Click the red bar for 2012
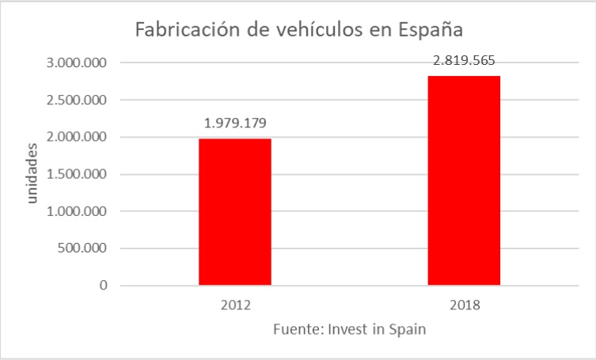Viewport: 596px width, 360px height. [x=234, y=211]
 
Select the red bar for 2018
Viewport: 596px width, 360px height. [x=464, y=180]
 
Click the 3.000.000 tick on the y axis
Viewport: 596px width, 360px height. [x=78, y=63]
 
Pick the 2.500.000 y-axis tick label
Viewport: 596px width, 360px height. [x=78, y=100]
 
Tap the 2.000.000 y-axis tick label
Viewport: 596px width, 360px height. [x=78, y=137]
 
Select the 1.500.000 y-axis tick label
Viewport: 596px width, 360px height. [x=78, y=174]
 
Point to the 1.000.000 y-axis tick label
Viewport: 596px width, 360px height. [x=78, y=211]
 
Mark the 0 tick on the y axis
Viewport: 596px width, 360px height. [x=104, y=286]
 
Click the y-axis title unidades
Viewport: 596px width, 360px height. [x=32, y=173]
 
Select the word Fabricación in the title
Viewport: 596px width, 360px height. [x=186, y=29]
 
